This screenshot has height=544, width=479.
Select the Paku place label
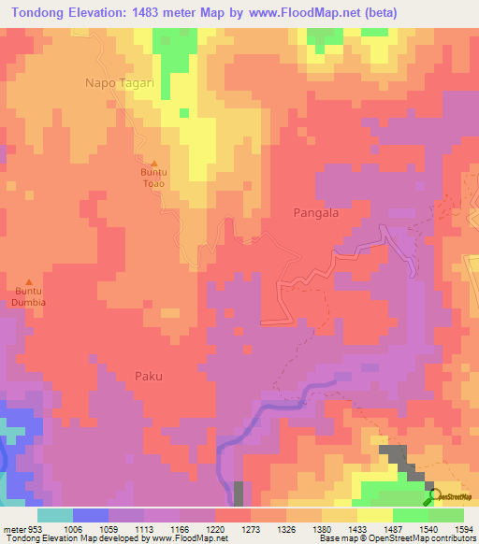pyautogui.click(x=148, y=377)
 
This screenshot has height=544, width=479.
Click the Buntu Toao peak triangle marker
pyautogui.click(x=154, y=164)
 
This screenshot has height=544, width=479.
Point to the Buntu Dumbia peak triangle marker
pyautogui.click(x=28, y=282)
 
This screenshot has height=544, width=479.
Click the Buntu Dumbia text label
pyautogui.click(x=28, y=297)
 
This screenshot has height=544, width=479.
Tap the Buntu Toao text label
pyautogui.click(x=154, y=179)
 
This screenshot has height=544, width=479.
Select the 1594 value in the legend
pyautogui.click(x=463, y=528)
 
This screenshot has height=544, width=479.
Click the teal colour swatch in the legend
pyautogui.click(x=54, y=515)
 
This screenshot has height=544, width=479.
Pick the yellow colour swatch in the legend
pyautogui.click(x=374, y=515)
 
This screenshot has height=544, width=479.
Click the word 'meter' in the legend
pyautogui.click(x=12, y=528)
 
